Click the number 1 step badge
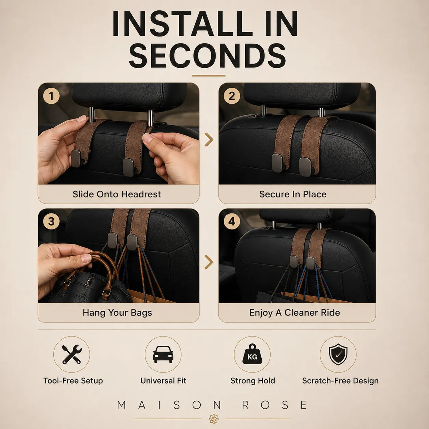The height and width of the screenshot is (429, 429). [x=51, y=96]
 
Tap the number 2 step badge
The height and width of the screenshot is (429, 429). [x=232, y=96]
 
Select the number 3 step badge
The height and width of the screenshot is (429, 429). [x=51, y=221]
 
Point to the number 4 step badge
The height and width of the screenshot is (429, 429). [x=232, y=221]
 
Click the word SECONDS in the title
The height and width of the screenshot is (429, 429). [x=207, y=56]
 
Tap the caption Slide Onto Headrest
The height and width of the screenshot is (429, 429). [x=117, y=194]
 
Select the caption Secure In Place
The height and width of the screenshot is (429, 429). [x=293, y=194]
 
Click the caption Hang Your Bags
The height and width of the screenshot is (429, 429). [x=117, y=313]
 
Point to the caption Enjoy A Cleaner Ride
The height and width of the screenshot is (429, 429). [x=295, y=313]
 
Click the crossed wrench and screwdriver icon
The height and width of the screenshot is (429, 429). [x=72, y=354]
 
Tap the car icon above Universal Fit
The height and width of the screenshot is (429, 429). [x=163, y=354]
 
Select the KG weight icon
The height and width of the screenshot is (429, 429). [x=252, y=354]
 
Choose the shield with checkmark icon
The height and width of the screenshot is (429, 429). [x=338, y=354]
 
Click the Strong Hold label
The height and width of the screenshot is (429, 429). [x=253, y=381]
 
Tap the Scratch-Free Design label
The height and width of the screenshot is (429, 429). [x=340, y=381]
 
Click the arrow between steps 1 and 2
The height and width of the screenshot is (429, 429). [x=209, y=139]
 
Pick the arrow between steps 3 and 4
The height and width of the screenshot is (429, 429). [x=209, y=262]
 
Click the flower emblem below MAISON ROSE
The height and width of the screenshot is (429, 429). [x=214, y=419]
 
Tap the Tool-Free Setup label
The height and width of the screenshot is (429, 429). [x=73, y=381]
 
